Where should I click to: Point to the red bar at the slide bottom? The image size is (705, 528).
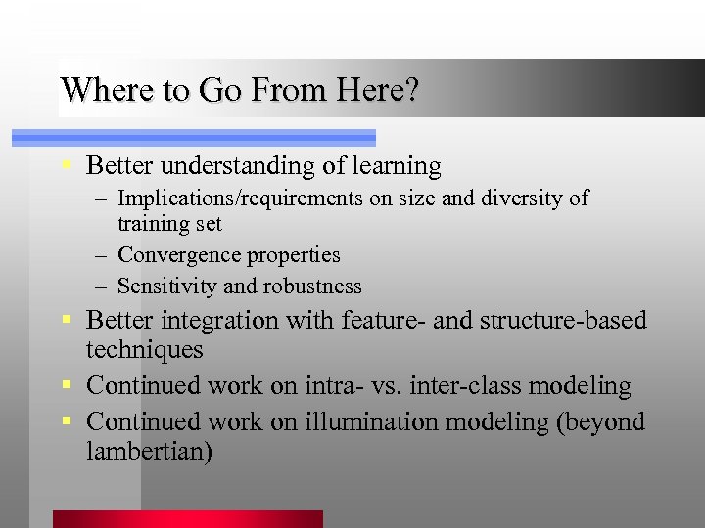tap(187, 519)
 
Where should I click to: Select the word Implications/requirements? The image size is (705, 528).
tap(240, 198)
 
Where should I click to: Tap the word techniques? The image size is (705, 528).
tap(144, 349)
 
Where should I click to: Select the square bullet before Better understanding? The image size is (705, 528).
tap(66, 164)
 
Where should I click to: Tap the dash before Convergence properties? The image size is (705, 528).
tap(103, 255)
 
